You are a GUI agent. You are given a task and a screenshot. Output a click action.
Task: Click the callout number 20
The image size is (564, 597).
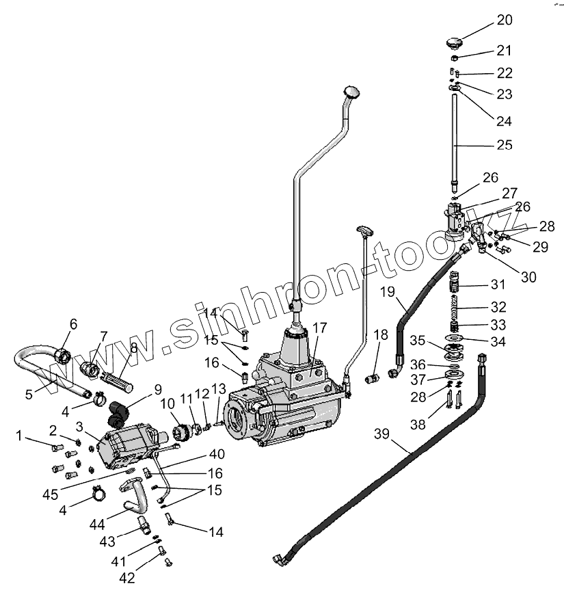505,21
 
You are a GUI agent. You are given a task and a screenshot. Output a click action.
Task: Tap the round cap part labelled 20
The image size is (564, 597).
453,43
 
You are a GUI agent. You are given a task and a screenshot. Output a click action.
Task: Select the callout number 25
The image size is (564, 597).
505,145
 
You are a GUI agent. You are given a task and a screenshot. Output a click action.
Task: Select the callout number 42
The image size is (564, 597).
128,578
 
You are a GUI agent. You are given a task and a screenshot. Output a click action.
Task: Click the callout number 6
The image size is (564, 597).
72,324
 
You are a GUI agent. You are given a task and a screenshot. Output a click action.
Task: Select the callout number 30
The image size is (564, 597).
528,277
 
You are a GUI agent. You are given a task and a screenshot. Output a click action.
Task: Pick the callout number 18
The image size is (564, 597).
380,335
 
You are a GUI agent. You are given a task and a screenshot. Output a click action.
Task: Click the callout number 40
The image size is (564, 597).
216,453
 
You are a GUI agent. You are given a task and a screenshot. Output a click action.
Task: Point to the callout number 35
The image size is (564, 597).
418,340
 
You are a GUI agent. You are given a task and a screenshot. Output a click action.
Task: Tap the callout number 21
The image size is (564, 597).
504,51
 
